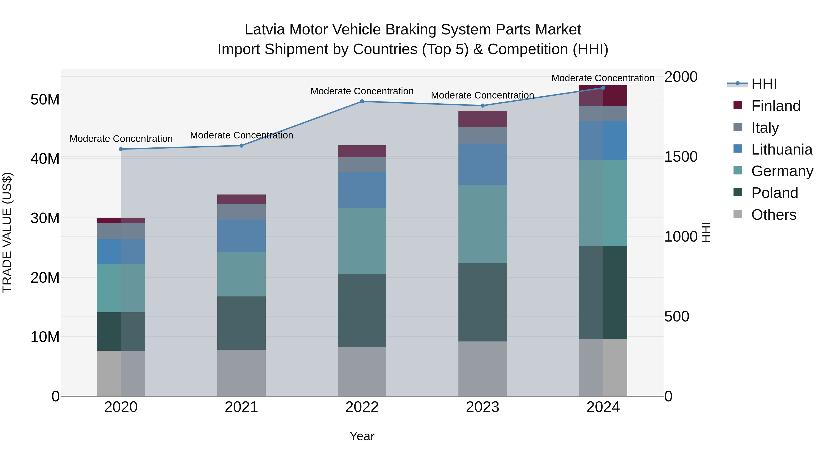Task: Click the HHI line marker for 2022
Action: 362,101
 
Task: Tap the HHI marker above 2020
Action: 121,149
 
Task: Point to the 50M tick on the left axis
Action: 45,99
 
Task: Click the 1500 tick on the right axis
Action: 681,157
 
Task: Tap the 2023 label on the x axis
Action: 482,407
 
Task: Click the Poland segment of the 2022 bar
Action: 362,310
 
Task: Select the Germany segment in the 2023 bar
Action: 482,224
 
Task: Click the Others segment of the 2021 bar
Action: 241,373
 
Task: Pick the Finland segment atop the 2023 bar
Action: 482,119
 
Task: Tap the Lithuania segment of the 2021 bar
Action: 241,236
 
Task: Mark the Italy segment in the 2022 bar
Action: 362,165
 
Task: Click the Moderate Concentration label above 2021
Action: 241,135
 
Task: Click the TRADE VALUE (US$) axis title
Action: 7,232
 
